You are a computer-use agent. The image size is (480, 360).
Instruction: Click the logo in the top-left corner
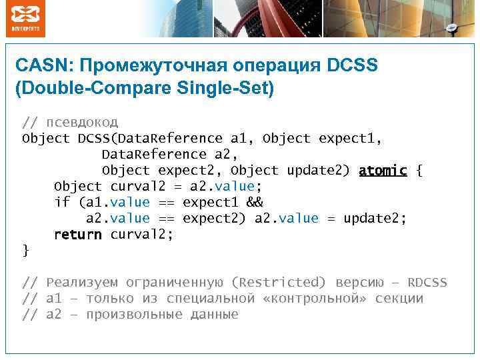(26, 18)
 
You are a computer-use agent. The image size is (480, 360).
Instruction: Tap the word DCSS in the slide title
(352, 66)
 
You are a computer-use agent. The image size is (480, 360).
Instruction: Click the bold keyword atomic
(382, 171)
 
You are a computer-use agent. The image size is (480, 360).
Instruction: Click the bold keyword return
(77, 235)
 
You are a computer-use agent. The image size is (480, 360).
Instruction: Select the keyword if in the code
(61, 203)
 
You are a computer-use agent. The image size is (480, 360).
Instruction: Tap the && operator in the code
(254, 203)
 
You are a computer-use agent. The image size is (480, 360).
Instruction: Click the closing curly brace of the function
(25, 250)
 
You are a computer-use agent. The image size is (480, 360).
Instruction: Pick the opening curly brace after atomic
(419, 171)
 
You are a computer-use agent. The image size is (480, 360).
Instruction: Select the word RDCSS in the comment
(427, 283)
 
